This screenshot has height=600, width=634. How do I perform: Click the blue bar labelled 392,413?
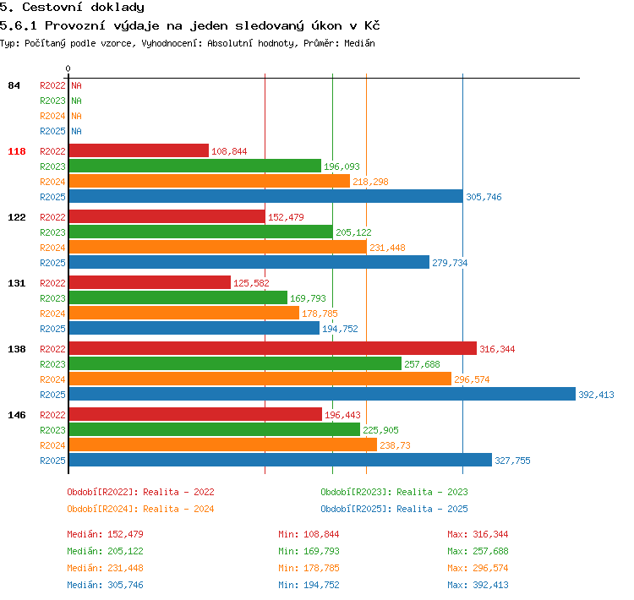coord(322,394)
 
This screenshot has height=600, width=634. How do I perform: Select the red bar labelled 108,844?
coord(139,150)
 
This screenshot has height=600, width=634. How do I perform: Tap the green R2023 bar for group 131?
coord(178,297)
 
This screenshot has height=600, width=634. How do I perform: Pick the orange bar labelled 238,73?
coord(223,445)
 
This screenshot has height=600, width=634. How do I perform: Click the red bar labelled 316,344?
coord(273,348)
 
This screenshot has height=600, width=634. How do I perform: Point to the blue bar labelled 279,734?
coord(249,262)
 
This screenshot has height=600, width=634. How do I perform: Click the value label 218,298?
coord(370,182)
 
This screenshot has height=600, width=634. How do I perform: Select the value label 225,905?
coord(380,430)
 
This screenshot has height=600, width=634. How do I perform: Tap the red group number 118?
coord(17,151)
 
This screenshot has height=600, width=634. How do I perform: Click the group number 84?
coord(14,85)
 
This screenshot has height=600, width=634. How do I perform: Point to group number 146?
coord(17,415)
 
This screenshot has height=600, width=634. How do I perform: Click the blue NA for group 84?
coord(76,131)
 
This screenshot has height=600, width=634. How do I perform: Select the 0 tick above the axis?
coord(68,68)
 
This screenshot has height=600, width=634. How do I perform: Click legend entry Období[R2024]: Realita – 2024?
coord(140,509)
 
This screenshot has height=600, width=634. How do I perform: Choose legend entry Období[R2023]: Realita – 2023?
coord(394,492)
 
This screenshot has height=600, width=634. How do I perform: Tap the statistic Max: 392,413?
coord(478,585)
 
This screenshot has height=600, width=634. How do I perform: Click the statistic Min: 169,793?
coord(309,551)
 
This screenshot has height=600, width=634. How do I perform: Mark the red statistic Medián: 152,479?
coord(105,534)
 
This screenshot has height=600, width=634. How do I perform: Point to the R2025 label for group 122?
coord(52,263)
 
